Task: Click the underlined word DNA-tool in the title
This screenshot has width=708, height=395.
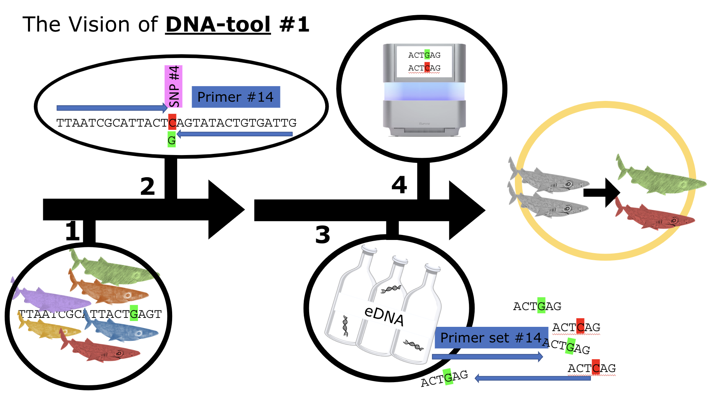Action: point(218,25)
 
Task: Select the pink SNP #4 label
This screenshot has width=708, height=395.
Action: point(174,86)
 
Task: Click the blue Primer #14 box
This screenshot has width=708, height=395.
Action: point(236,97)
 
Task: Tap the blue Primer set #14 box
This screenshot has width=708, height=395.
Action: point(491,337)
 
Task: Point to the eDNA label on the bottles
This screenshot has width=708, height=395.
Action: point(384,315)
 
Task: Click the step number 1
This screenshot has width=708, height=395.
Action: point(72,231)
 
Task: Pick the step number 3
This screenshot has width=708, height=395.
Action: point(322,235)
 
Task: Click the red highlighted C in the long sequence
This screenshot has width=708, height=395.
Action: point(172,122)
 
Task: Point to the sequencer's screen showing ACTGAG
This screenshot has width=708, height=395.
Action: point(424,62)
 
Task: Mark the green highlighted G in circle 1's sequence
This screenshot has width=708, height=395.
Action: point(134,314)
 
